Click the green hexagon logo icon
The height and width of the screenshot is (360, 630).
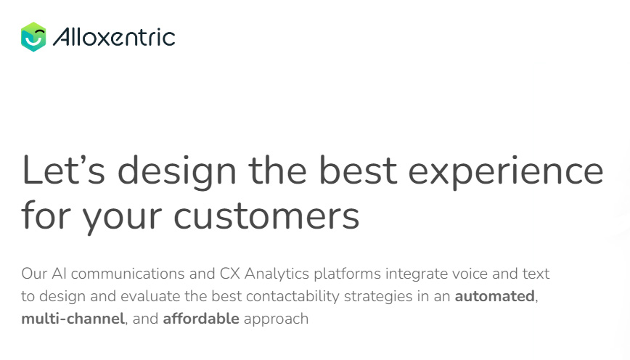point(33,37)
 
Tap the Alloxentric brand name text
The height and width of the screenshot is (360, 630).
point(114,37)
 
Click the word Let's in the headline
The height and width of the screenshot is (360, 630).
point(63,171)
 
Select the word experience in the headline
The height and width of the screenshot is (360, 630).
point(506,172)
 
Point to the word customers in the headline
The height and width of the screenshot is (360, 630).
point(266,216)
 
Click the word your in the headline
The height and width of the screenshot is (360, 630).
point(122,218)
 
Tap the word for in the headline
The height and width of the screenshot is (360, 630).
point(46,215)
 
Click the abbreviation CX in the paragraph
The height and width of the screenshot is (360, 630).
point(230,274)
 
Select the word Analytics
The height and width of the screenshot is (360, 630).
point(277,274)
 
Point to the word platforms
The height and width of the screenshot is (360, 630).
point(347,274)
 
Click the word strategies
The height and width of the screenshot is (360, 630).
point(378,297)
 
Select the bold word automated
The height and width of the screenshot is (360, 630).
point(494,297)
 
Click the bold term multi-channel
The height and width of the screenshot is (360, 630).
point(73,319)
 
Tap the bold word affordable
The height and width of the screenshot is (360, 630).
point(201,319)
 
